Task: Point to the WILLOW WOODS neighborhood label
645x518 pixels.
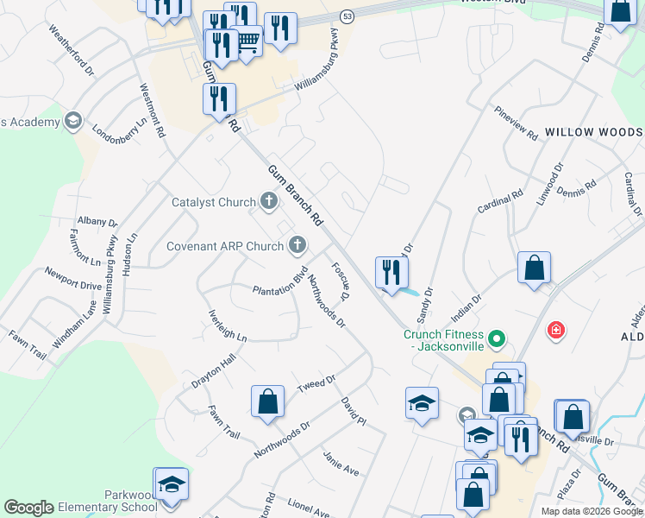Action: click(x=593, y=132)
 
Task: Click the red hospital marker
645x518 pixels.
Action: click(x=557, y=330)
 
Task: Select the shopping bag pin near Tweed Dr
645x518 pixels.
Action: click(x=267, y=402)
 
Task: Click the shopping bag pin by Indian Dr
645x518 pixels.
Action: click(x=535, y=268)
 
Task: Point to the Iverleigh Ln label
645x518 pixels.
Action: click(x=228, y=325)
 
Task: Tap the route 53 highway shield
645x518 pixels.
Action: click(x=346, y=16)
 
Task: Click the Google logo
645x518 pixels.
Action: click(x=28, y=508)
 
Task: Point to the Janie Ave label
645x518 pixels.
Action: click(x=341, y=463)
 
